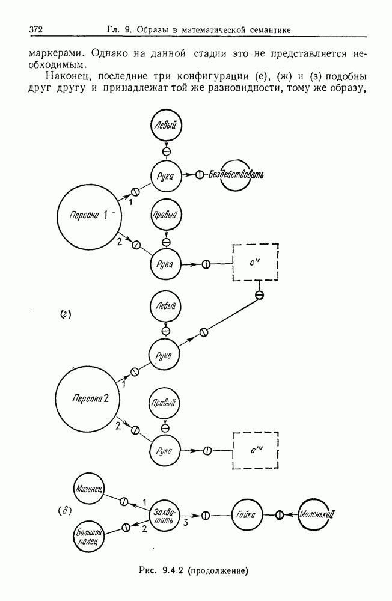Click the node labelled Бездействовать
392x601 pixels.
pos(238,175)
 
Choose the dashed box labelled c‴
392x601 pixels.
pos(255,450)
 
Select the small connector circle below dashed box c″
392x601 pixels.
pos(260,295)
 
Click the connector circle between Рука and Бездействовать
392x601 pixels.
pos(200,175)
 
